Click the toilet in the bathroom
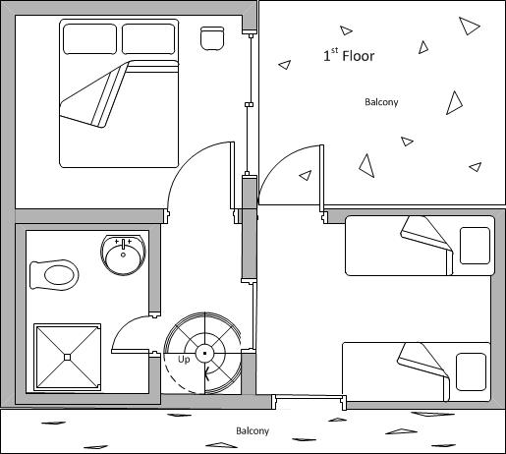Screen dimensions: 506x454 point(54,275)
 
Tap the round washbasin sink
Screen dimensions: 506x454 point(123,255)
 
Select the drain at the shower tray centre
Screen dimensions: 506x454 point(68,357)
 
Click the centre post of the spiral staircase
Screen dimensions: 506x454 point(204,353)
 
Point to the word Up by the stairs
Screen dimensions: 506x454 point(184,360)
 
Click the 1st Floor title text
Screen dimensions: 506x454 point(349,55)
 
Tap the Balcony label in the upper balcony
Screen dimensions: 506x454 point(381,102)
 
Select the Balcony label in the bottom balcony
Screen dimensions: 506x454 point(253,430)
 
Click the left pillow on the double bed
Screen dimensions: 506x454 point(89,39)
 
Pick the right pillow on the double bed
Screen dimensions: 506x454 point(148,39)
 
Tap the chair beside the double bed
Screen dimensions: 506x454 point(212,38)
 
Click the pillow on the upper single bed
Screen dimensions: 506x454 point(475,246)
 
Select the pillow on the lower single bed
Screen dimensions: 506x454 point(471,371)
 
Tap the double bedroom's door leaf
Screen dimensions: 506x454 point(233,176)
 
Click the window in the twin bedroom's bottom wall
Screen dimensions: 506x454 point(309,397)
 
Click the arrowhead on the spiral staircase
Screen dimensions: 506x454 point(207,373)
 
